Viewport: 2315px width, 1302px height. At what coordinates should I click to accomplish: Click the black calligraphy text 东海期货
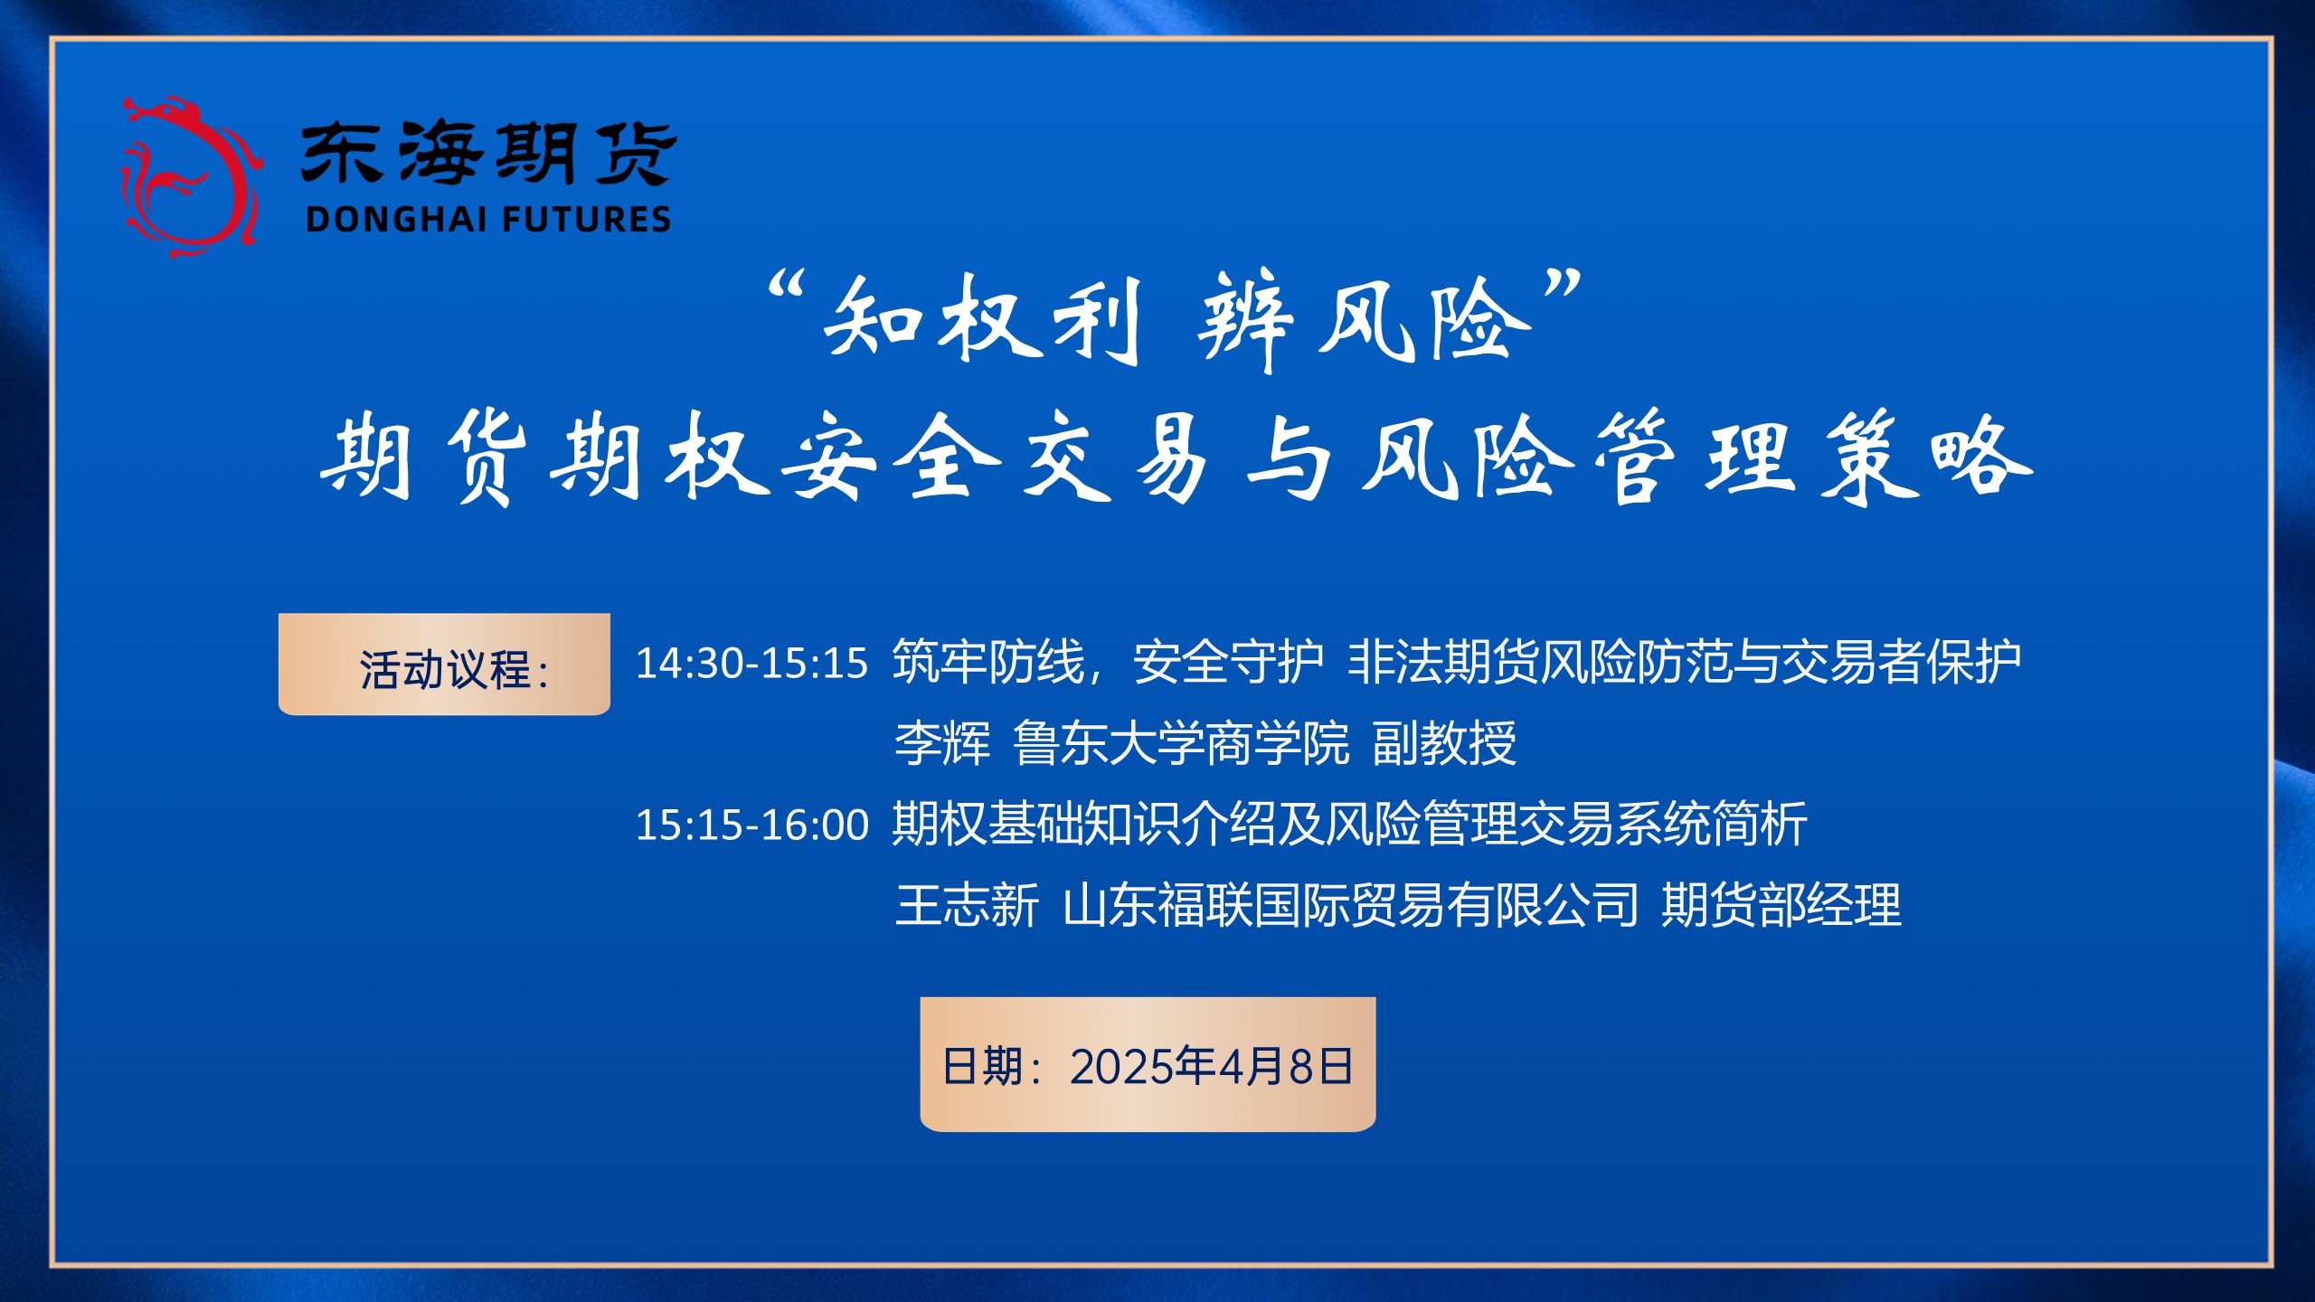coord(489,154)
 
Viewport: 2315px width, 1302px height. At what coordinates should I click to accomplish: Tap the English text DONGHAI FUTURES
coord(488,220)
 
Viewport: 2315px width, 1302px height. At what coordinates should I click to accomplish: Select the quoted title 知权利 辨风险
coord(1175,320)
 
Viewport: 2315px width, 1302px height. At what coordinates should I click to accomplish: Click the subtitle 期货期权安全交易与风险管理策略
coord(1176,457)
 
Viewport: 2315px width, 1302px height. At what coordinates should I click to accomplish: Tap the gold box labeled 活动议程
coord(444,665)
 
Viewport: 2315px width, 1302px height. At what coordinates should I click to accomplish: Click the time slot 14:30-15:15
coord(751,664)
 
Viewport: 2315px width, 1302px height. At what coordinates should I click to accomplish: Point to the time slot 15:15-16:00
coord(751,826)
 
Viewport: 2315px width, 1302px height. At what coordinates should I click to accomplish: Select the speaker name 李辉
coord(942,744)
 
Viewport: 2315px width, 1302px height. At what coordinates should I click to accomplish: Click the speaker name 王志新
coord(967,905)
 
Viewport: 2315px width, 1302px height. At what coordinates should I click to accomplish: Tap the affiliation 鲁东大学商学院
coord(1181,744)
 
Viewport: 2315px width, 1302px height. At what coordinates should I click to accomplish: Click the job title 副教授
coord(1444,744)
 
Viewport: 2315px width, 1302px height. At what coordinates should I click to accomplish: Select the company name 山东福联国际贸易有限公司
coord(1351,905)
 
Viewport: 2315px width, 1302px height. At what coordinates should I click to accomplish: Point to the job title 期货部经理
coord(1781,905)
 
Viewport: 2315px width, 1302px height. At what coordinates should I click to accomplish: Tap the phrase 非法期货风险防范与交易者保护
coord(1685,663)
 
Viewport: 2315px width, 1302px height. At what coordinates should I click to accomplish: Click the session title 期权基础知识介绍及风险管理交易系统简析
coord(1350,825)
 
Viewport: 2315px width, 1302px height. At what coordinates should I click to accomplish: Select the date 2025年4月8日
coord(1212,1067)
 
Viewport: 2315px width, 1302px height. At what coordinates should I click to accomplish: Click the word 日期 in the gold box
coord(982,1067)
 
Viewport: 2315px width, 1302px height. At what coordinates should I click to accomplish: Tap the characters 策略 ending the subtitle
coord(1927,457)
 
